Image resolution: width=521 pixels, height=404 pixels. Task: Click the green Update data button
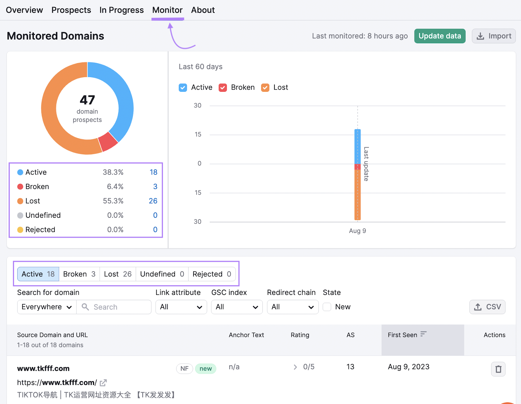point(440,36)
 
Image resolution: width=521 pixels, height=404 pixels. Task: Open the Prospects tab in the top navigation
point(71,10)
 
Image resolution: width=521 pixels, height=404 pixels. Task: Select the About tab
point(203,10)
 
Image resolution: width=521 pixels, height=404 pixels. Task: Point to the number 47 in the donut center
point(87,100)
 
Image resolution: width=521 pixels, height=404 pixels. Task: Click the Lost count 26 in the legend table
point(153,201)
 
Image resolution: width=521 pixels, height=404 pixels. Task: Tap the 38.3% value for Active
point(113,172)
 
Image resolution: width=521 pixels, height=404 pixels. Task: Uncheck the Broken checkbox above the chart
point(223,88)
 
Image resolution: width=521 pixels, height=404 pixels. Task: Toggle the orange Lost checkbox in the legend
point(265,88)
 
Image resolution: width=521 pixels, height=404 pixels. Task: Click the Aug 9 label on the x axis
point(357,231)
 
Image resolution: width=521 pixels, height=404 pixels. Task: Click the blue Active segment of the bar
point(357,146)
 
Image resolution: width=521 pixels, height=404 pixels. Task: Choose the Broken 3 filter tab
point(79,274)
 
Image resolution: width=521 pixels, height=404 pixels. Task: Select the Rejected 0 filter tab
point(212,274)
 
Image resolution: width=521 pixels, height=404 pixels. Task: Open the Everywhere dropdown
point(47,307)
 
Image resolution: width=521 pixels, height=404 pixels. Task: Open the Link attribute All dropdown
point(181,307)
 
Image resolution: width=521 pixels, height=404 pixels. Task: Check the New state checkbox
point(327,307)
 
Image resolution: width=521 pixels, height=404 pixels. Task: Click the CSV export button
point(487,307)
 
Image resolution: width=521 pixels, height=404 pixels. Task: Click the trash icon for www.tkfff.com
point(498,369)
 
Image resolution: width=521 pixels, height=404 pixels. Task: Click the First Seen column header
point(402,335)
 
